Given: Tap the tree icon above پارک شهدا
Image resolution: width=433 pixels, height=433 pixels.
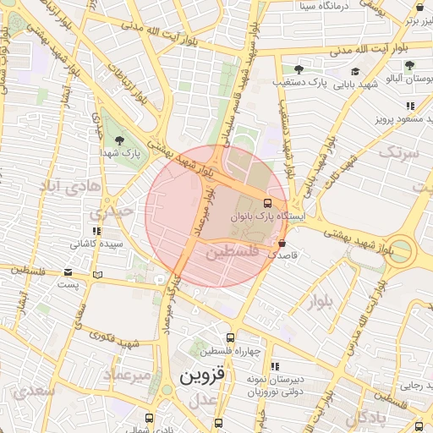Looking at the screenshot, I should (x=118, y=140).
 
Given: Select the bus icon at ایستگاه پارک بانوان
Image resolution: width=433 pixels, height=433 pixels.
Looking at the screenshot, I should (x=267, y=204).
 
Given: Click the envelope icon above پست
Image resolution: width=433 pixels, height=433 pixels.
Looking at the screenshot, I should (x=69, y=272).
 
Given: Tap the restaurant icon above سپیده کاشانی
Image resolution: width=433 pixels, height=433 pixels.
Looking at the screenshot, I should (x=96, y=231).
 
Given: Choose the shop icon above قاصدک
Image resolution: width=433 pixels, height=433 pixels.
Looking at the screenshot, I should (x=282, y=244).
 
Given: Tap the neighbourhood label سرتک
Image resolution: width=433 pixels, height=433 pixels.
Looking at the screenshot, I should (x=398, y=154).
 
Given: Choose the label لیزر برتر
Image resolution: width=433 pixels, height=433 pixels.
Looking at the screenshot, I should (x=419, y=19).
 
